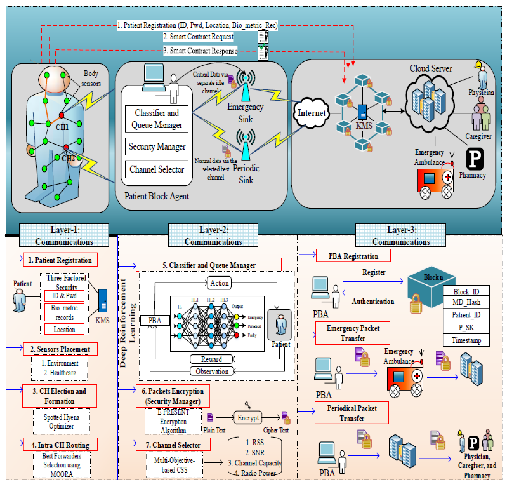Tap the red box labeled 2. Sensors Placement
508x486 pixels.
coord(60,349)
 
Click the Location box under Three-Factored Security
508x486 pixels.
coord(64,329)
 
